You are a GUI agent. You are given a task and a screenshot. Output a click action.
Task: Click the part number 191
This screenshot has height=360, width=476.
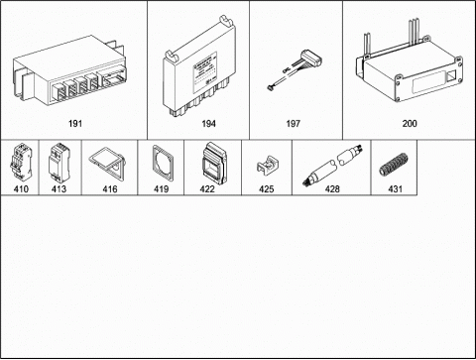point(75,124)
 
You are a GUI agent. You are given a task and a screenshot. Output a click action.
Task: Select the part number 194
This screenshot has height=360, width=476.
point(208,124)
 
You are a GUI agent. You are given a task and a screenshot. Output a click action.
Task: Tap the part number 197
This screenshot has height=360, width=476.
point(293,124)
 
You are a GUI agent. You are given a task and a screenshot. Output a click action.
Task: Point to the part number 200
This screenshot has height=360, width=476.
point(410,124)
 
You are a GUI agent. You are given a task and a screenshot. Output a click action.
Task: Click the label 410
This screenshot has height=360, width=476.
point(21,189)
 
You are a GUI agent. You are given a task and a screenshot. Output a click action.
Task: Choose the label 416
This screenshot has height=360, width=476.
point(110,189)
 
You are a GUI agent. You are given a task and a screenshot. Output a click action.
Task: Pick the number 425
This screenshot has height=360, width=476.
point(267,189)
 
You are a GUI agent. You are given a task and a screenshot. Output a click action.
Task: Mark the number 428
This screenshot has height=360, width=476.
point(332,189)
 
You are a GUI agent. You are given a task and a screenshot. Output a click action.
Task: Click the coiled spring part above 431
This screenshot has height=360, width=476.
point(394,165)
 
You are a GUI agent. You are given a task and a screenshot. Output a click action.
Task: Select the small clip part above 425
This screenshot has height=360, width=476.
point(267,165)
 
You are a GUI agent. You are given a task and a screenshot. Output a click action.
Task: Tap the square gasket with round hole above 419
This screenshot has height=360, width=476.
point(162,164)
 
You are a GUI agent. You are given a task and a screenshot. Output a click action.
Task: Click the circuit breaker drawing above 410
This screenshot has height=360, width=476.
point(21,162)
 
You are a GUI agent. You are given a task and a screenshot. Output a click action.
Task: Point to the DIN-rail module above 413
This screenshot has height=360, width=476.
point(59,163)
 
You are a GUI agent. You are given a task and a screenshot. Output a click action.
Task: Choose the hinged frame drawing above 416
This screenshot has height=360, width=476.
point(107,164)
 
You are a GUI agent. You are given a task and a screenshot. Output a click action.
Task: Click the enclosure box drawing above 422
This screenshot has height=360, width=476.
point(214,163)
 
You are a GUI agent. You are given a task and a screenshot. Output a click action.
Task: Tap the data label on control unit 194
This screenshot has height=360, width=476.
point(205,72)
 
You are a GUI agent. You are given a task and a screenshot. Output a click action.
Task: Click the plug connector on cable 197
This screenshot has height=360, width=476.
point(310,59)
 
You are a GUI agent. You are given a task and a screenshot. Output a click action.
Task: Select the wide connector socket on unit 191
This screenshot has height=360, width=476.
point(113,79)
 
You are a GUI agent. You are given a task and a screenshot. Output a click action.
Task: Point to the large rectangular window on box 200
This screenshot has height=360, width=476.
point(427,84)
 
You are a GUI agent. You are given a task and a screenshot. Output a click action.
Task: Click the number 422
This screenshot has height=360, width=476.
point(207,189)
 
